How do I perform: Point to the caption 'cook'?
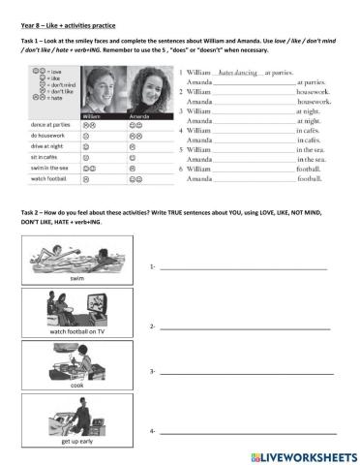pyautogui.click(x=78, y=385)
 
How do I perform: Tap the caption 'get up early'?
pyautogui.click(x=78, y=441)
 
